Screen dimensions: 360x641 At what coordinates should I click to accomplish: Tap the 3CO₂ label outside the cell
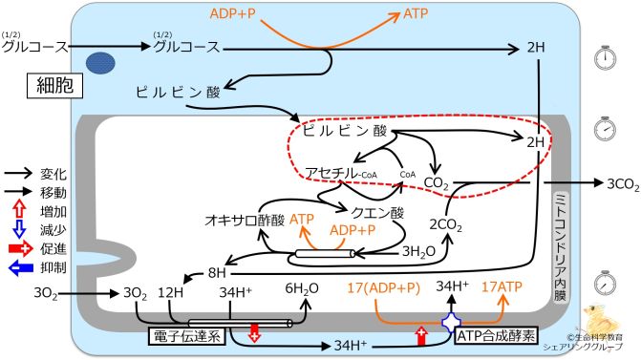[613, 180]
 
